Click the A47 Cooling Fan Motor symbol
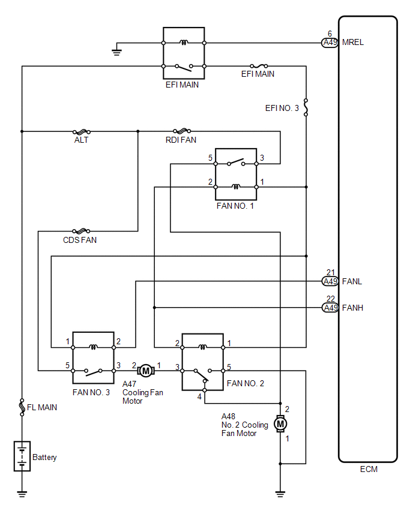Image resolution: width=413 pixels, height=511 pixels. pyautogui.click(x=146, y=371)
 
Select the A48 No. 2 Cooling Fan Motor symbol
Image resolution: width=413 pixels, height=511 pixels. pyautogui.click(x=280, y=423)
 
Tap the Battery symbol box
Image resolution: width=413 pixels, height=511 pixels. pyautogui.click(x=22, y=456)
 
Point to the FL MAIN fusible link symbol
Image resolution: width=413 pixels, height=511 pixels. pyautogui.click(x=22, y=407)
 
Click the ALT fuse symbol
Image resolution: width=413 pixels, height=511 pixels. pyautogui.click(x=82, y=132)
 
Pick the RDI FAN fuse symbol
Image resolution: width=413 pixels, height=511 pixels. pyautogui.click(x=182, y=131)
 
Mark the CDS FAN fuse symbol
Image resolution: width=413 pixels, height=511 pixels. pyautogui.click(x=81, y=232)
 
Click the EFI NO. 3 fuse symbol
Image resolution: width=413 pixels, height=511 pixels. pyautogui.click(x=306, y=107)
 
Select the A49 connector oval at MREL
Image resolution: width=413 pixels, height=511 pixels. pyautogui.click(x=330, y=43)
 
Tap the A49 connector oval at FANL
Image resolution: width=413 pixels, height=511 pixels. pyautogui.click(x=330, y=281)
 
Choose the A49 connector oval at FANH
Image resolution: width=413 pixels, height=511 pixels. pyautogui.click(x=330, y=308)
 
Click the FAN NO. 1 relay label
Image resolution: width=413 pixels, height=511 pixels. pyautogui.click(x=235, y=206)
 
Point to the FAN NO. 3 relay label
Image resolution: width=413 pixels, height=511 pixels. pyautogui.click(x=91, y=392)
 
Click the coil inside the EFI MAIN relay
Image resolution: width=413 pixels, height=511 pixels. pyautogui.click(x=184, y=42)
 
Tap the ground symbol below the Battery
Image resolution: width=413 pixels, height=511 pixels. pyautogui.click(x=22, y=494)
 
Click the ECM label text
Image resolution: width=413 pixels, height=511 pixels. pyautogui.click(x=369, y=469)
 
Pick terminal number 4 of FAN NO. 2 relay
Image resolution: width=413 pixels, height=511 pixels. pyautogui.click(x=199, y=396)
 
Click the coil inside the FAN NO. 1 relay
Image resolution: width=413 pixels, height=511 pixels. pyautogui.click(x=236, y=187)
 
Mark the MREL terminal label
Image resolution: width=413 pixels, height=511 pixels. pyautogui.click(x=352, y=43)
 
